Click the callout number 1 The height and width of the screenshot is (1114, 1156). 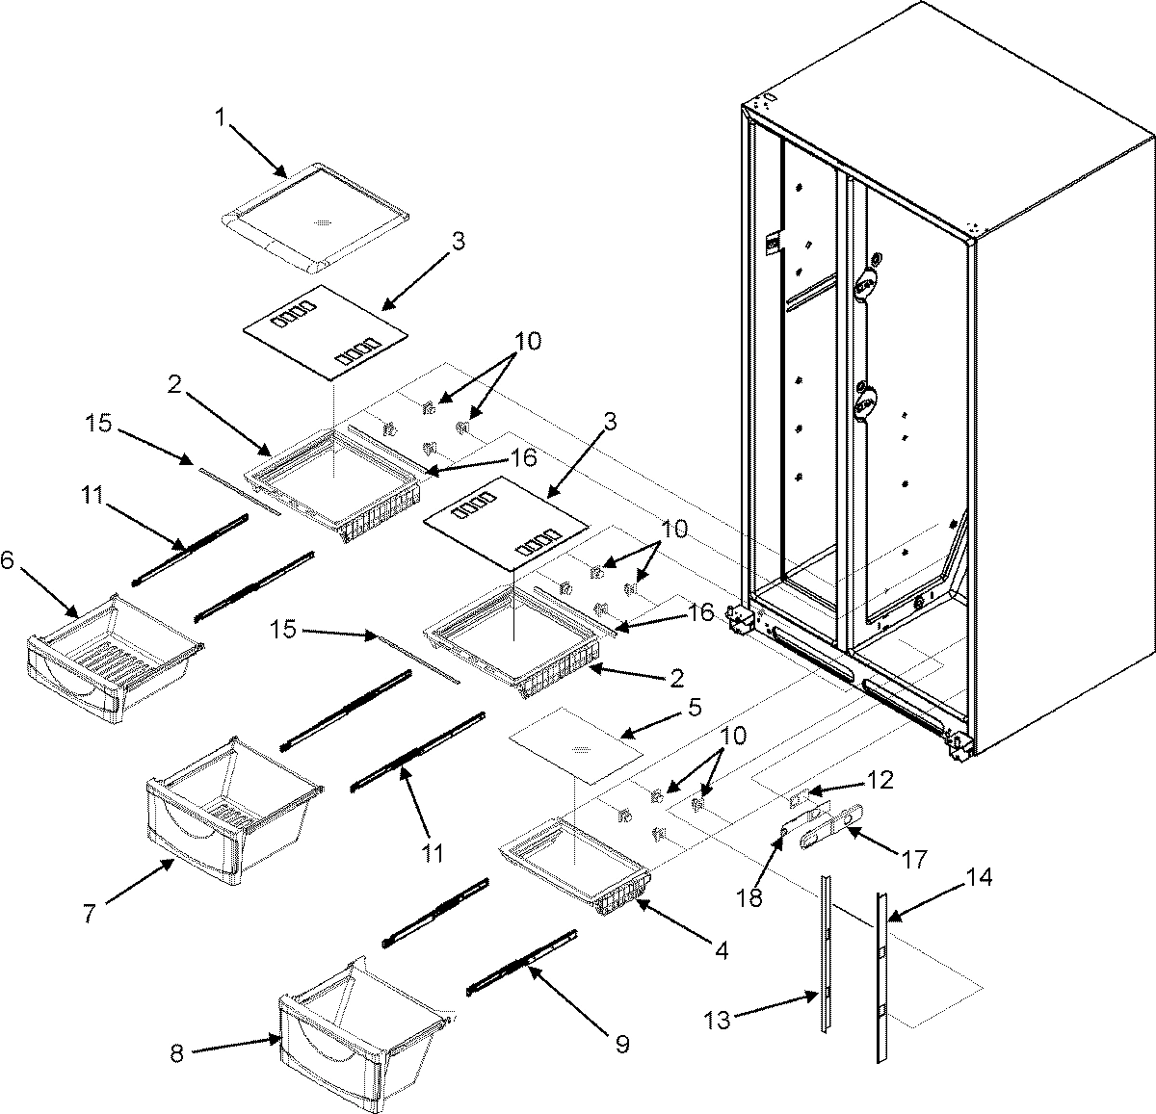point(220,118)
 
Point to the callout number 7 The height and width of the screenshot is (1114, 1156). point(89,914)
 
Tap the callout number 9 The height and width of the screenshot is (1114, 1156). point(622,1043)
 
